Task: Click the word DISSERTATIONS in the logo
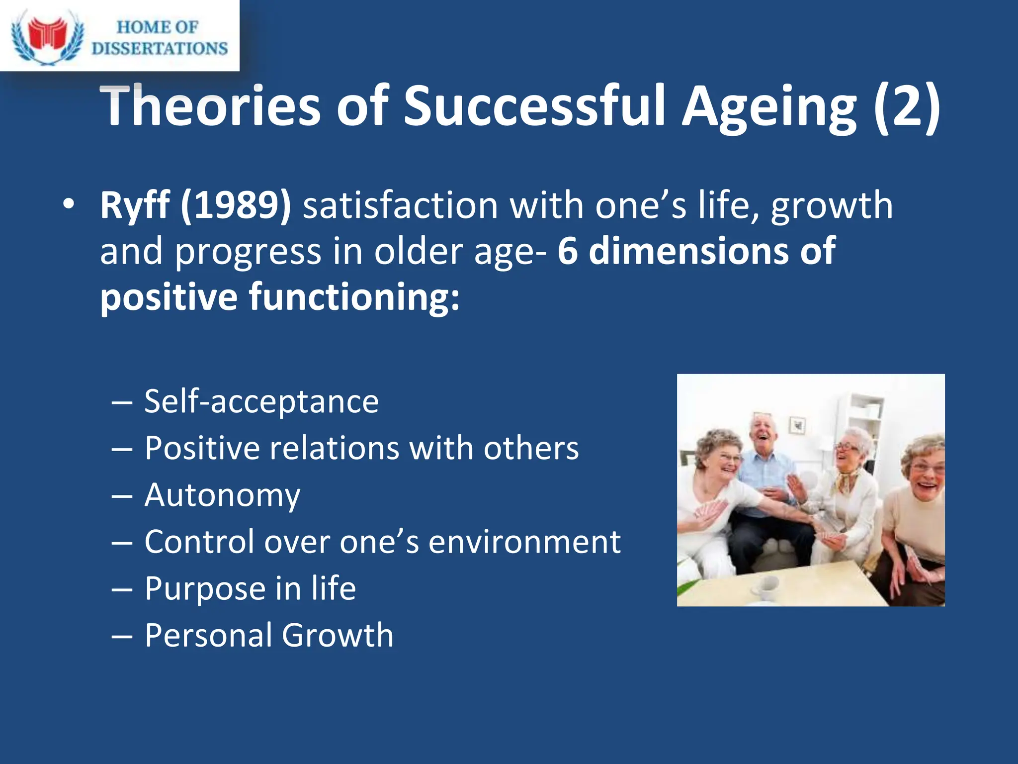coord(160,48)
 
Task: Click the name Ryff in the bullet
coord(134,205)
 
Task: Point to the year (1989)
coord(236,205)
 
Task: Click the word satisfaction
coord(401,205)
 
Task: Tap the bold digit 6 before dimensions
coord(568,251)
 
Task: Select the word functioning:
coord(354,297)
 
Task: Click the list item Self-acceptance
coord(261,401)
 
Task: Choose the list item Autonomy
coord(222,495)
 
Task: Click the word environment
coord(524,541)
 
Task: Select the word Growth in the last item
coord(338,635)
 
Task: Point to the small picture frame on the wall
coord(797,424)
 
